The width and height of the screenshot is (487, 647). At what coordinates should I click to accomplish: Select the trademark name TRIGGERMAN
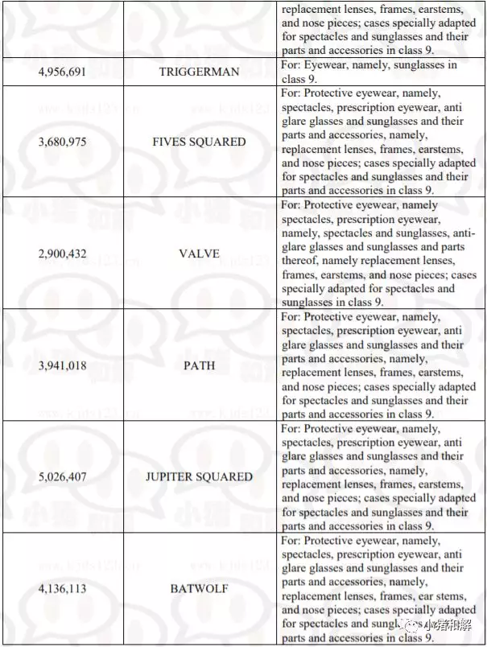pos(199,72)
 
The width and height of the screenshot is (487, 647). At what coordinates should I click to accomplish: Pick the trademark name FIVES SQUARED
pos(199,142)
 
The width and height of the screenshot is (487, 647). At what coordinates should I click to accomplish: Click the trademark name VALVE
pos(199,253)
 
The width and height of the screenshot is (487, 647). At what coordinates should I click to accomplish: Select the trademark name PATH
pos(199,365)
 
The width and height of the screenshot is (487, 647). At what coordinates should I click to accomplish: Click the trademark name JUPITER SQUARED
pos(199,476)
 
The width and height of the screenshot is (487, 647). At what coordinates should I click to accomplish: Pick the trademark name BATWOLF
pos(199,589)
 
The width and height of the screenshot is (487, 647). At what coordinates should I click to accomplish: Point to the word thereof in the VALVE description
pos(299,261)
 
